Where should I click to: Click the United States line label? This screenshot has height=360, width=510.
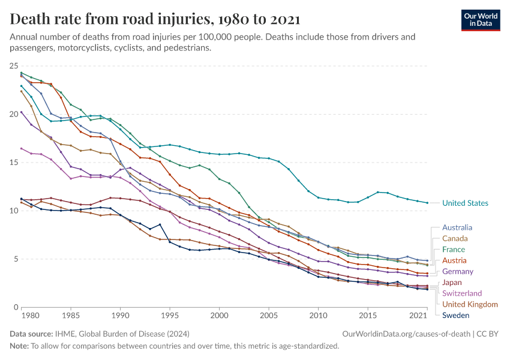pos(465,203)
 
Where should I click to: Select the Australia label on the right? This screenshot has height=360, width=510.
pos(457,227)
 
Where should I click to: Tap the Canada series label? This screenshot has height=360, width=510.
pos(455,239)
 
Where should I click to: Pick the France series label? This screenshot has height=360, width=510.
pos(454,249)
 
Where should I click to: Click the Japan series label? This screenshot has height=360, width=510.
pos(452,282)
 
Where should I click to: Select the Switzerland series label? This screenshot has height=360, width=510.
pos(462,293)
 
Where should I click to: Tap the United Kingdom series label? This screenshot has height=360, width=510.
pos(470,304)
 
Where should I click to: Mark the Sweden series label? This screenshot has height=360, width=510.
pos(456,315)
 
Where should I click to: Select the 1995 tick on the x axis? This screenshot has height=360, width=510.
pos(170,314)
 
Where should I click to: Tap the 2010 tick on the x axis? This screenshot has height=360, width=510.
pos(318,314)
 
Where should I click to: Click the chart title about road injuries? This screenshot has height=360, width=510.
pos(155,19)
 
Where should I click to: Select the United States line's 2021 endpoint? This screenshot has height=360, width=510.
pos(427,203)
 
